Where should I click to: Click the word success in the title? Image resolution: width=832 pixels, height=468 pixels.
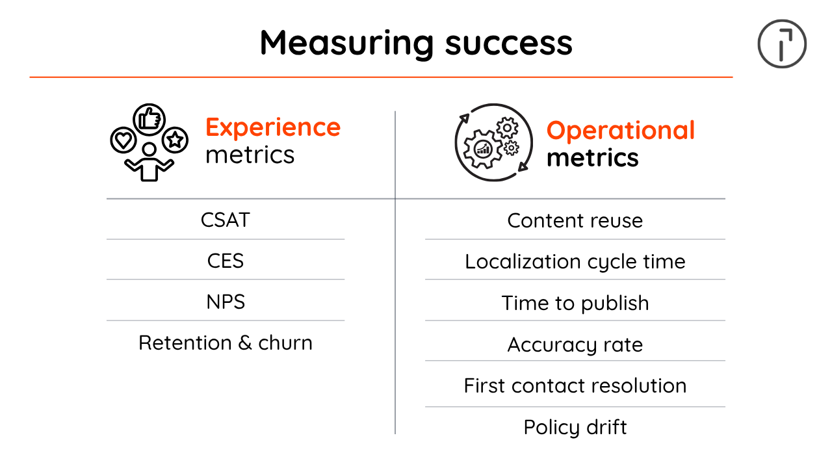click(x=509, y=44)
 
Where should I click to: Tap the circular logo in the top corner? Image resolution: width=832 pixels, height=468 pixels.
click(x=782, y=44)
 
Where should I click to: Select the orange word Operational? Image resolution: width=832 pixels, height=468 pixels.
click(x=621, y=131)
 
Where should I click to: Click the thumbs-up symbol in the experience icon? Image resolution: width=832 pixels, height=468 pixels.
click(x=149, y=120)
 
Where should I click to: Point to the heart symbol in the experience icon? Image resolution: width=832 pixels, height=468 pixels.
click(x=123, y=140)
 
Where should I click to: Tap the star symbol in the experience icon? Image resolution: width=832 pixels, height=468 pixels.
click(x=175, y=140)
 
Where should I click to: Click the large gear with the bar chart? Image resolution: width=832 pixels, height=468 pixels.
click(x=483, y=149)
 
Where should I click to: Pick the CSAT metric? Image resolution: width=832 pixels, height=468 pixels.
click(x=226, y=220)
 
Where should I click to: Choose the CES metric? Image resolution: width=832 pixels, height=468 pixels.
click(x=226, y=261)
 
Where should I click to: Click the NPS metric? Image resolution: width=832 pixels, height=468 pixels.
click(x=226, y=302)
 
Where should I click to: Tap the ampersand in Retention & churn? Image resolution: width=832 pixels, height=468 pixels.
click(x=245, y=343)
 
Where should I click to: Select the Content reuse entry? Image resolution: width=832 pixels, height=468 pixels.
click(x=575, y=220)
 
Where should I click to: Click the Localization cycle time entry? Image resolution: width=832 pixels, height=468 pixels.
click(x=575, y=262)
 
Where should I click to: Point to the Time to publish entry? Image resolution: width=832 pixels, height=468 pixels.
click(x=575, y=303)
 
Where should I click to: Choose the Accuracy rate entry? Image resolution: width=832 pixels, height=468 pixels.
click(x=575, y=344)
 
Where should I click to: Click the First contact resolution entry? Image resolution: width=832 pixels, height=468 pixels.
click(x=575, y=385)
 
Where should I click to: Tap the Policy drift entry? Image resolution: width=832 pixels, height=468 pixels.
click(x=575, y=427)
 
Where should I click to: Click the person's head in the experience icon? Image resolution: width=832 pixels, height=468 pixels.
click(x=149, y=149)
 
